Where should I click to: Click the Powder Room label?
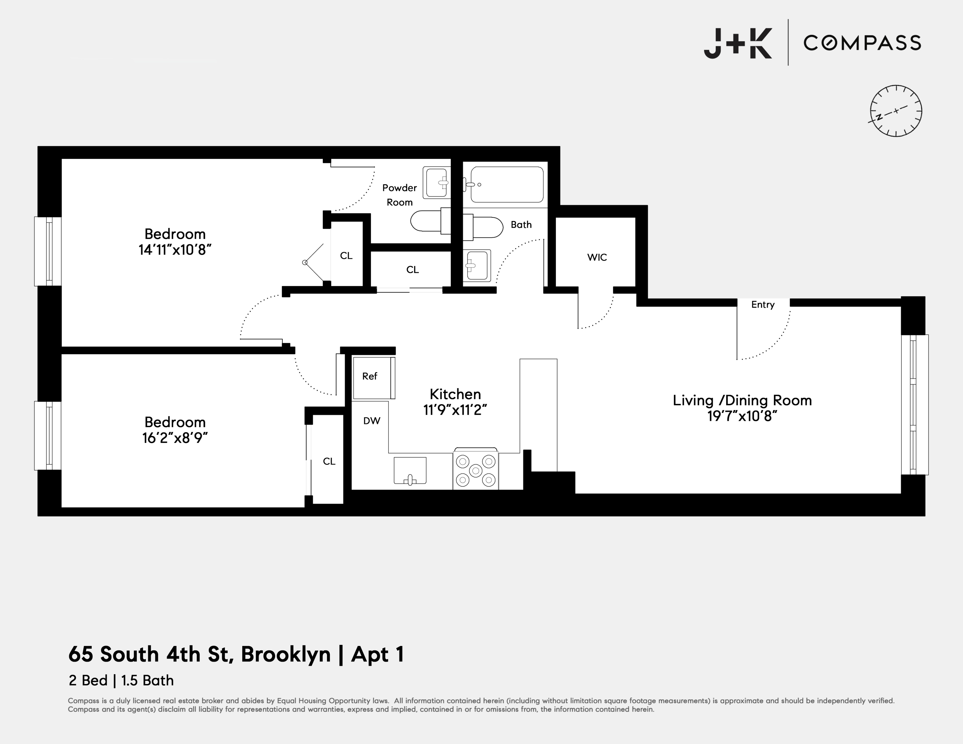[399, 195]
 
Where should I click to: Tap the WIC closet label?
[597, 257]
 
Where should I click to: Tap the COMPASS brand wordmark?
[862, 43]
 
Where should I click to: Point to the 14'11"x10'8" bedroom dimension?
[175, 250]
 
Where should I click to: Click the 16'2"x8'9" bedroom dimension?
[175, 438]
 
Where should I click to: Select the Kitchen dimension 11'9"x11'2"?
[455, 410]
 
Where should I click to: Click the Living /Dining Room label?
[742, 400]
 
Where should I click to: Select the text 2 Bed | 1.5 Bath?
[121, 680]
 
